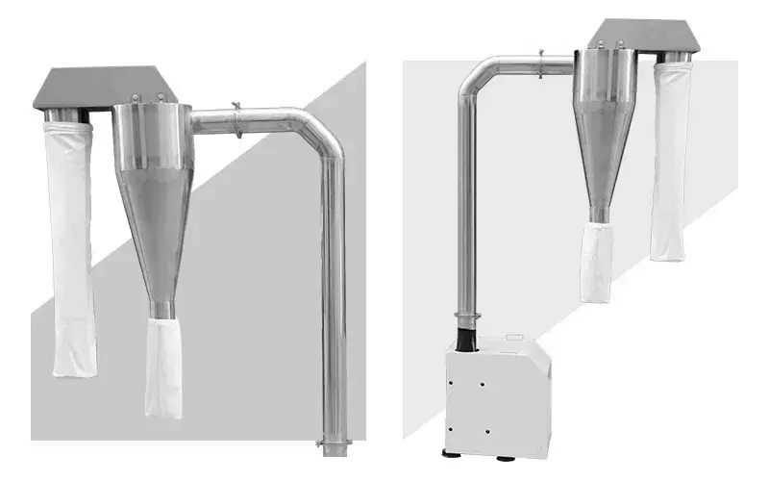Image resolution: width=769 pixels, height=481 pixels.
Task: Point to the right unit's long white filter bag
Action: (668, 164)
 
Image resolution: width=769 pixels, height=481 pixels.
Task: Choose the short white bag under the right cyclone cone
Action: (597, 261)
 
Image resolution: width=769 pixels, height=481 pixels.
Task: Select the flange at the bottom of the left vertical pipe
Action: (333, 445)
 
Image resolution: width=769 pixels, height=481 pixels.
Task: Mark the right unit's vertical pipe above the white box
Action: (466, 212)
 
